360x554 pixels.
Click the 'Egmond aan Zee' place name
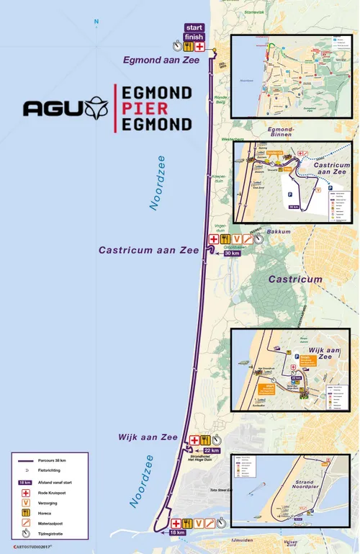coord(161,61)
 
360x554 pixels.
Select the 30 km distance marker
coord(232,254)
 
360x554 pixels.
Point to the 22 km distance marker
coord(201,451)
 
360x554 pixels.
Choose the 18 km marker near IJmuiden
coord(177,532)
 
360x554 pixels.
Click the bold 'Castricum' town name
coord(295,279)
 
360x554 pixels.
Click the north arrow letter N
coord(96,22)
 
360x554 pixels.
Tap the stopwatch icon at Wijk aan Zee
coord(217,440)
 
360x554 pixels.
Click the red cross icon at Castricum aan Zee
coord(214,239)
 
